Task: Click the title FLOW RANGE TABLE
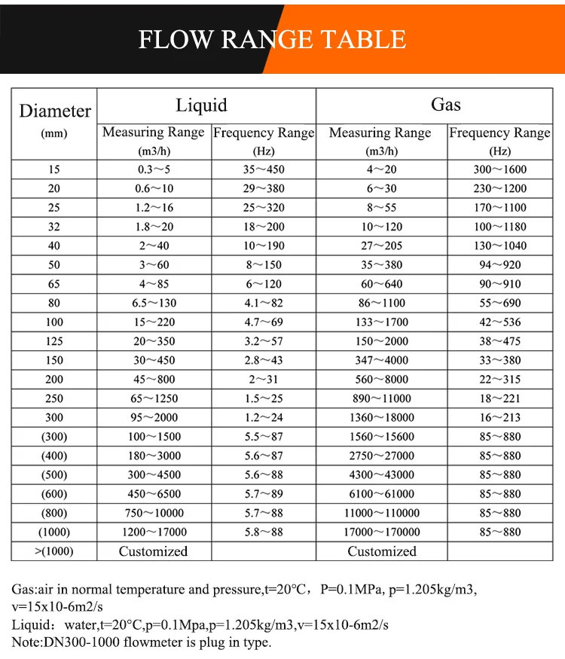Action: point(272,38)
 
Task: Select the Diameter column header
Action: point(55,111)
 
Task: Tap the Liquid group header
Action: point(201,105)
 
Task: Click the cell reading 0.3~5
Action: point(153,169)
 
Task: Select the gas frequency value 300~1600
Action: point(499,169)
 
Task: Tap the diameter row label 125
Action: point(54,341)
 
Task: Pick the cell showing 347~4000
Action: point(381,360)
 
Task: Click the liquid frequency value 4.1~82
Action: point(263,303)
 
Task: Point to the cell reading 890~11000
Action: point(381,398)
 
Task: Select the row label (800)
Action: point(54,513)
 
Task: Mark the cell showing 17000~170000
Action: point(381,532)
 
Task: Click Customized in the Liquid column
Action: point(153,551)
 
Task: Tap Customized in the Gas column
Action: point(381,551)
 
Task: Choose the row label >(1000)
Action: point(54,551)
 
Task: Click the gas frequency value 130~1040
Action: point(499,246)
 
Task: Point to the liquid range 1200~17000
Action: point(153,532)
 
